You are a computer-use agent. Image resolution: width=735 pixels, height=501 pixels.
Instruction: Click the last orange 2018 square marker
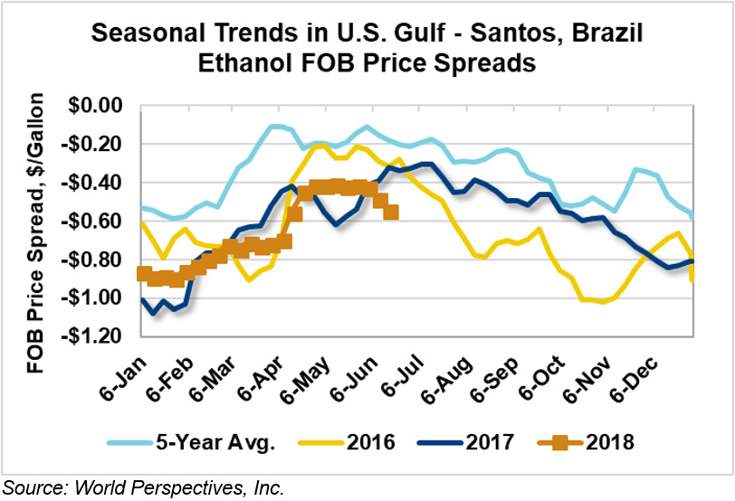pyautogui.click(x=391, y=213)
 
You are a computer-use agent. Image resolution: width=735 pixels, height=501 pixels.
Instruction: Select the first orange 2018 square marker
pyautogui.click(x=143, y=274)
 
